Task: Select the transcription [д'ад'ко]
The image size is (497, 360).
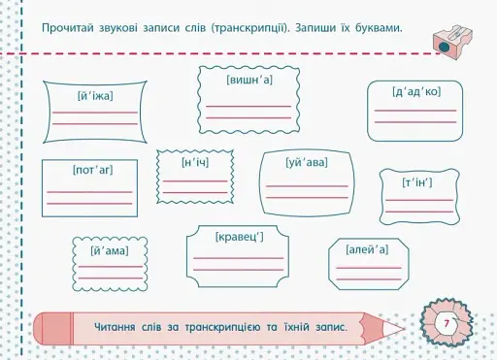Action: [x=415, y=92]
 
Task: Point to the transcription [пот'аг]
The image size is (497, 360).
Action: [x=92, y=170]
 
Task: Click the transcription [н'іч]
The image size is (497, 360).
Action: [x=194, y=162]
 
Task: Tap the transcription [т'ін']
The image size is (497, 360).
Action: [x=417, y=182]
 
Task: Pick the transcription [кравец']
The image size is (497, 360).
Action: [x=239, y=236]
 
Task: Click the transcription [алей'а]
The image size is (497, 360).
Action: [x=367, y=250]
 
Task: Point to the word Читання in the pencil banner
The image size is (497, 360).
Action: [x=120, y=324]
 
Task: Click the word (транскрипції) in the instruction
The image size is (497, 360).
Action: [x=239, y=25]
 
